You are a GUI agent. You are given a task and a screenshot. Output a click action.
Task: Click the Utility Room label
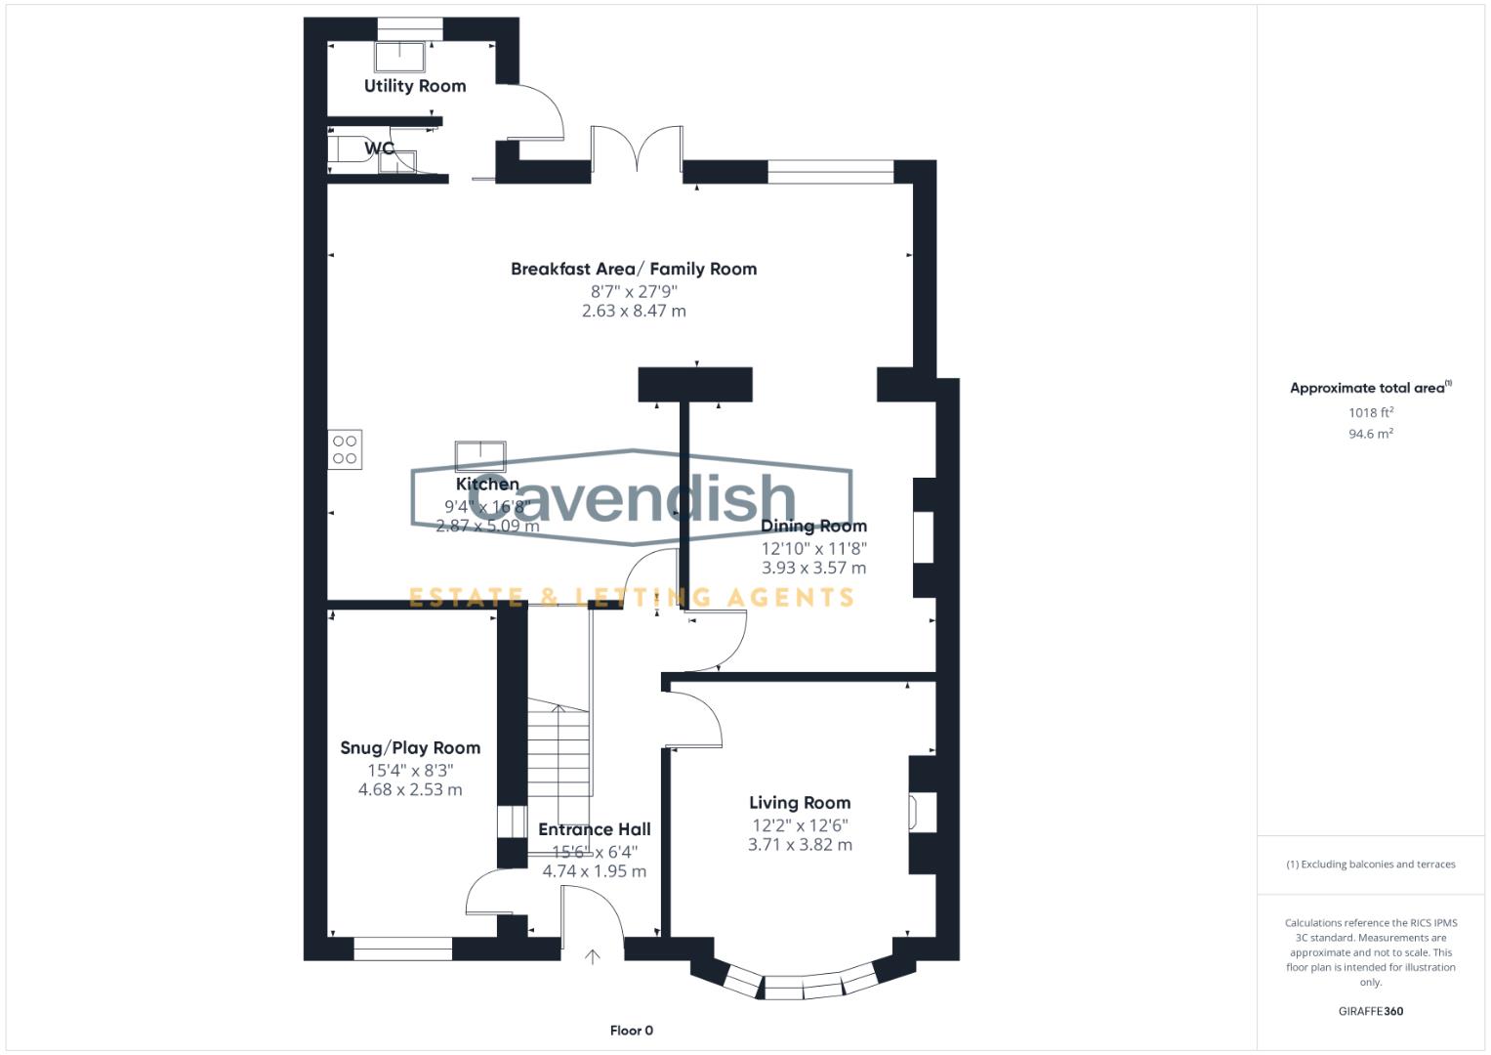415,86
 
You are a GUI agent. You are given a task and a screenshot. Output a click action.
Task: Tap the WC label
380,148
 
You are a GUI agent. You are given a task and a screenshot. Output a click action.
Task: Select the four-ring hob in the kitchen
345,449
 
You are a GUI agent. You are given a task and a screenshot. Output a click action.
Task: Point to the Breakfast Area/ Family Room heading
634,269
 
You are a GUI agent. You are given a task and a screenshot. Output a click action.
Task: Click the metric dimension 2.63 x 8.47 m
634,311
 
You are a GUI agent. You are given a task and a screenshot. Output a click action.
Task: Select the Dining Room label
813,526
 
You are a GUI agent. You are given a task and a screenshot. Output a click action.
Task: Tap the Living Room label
800,803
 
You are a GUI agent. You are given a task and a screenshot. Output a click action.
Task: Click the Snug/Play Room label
410,747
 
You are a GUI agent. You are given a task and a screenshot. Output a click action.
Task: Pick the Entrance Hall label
595,829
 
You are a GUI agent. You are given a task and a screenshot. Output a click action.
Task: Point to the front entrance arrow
592,956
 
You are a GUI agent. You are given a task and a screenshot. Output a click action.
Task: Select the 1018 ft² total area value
1371,412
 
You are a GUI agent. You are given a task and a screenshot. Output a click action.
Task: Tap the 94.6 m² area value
1371,434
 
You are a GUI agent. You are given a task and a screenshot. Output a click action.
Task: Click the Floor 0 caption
632,1031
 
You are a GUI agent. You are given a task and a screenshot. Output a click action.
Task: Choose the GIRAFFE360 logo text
1371,1011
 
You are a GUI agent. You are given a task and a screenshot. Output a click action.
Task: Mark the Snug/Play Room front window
402,948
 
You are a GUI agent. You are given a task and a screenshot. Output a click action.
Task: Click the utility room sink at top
400,57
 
